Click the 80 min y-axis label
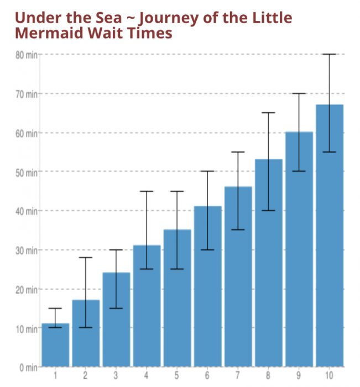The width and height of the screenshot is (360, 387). point(26,55)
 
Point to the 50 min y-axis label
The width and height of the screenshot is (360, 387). point(26,172)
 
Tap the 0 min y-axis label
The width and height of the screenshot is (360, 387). point(28,367)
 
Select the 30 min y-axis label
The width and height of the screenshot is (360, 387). point(26,250)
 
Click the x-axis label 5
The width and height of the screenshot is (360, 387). point(177,376)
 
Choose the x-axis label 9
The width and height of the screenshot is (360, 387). point(299,376)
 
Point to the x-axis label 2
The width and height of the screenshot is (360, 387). point(86,376)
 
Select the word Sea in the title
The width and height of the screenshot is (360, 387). point(107,18)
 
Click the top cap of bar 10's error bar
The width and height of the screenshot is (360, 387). point(329,54)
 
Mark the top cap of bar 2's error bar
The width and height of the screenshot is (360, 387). point(86,258)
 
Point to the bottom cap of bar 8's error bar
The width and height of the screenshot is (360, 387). point(268,211)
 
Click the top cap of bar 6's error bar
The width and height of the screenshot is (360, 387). point(207,171)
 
